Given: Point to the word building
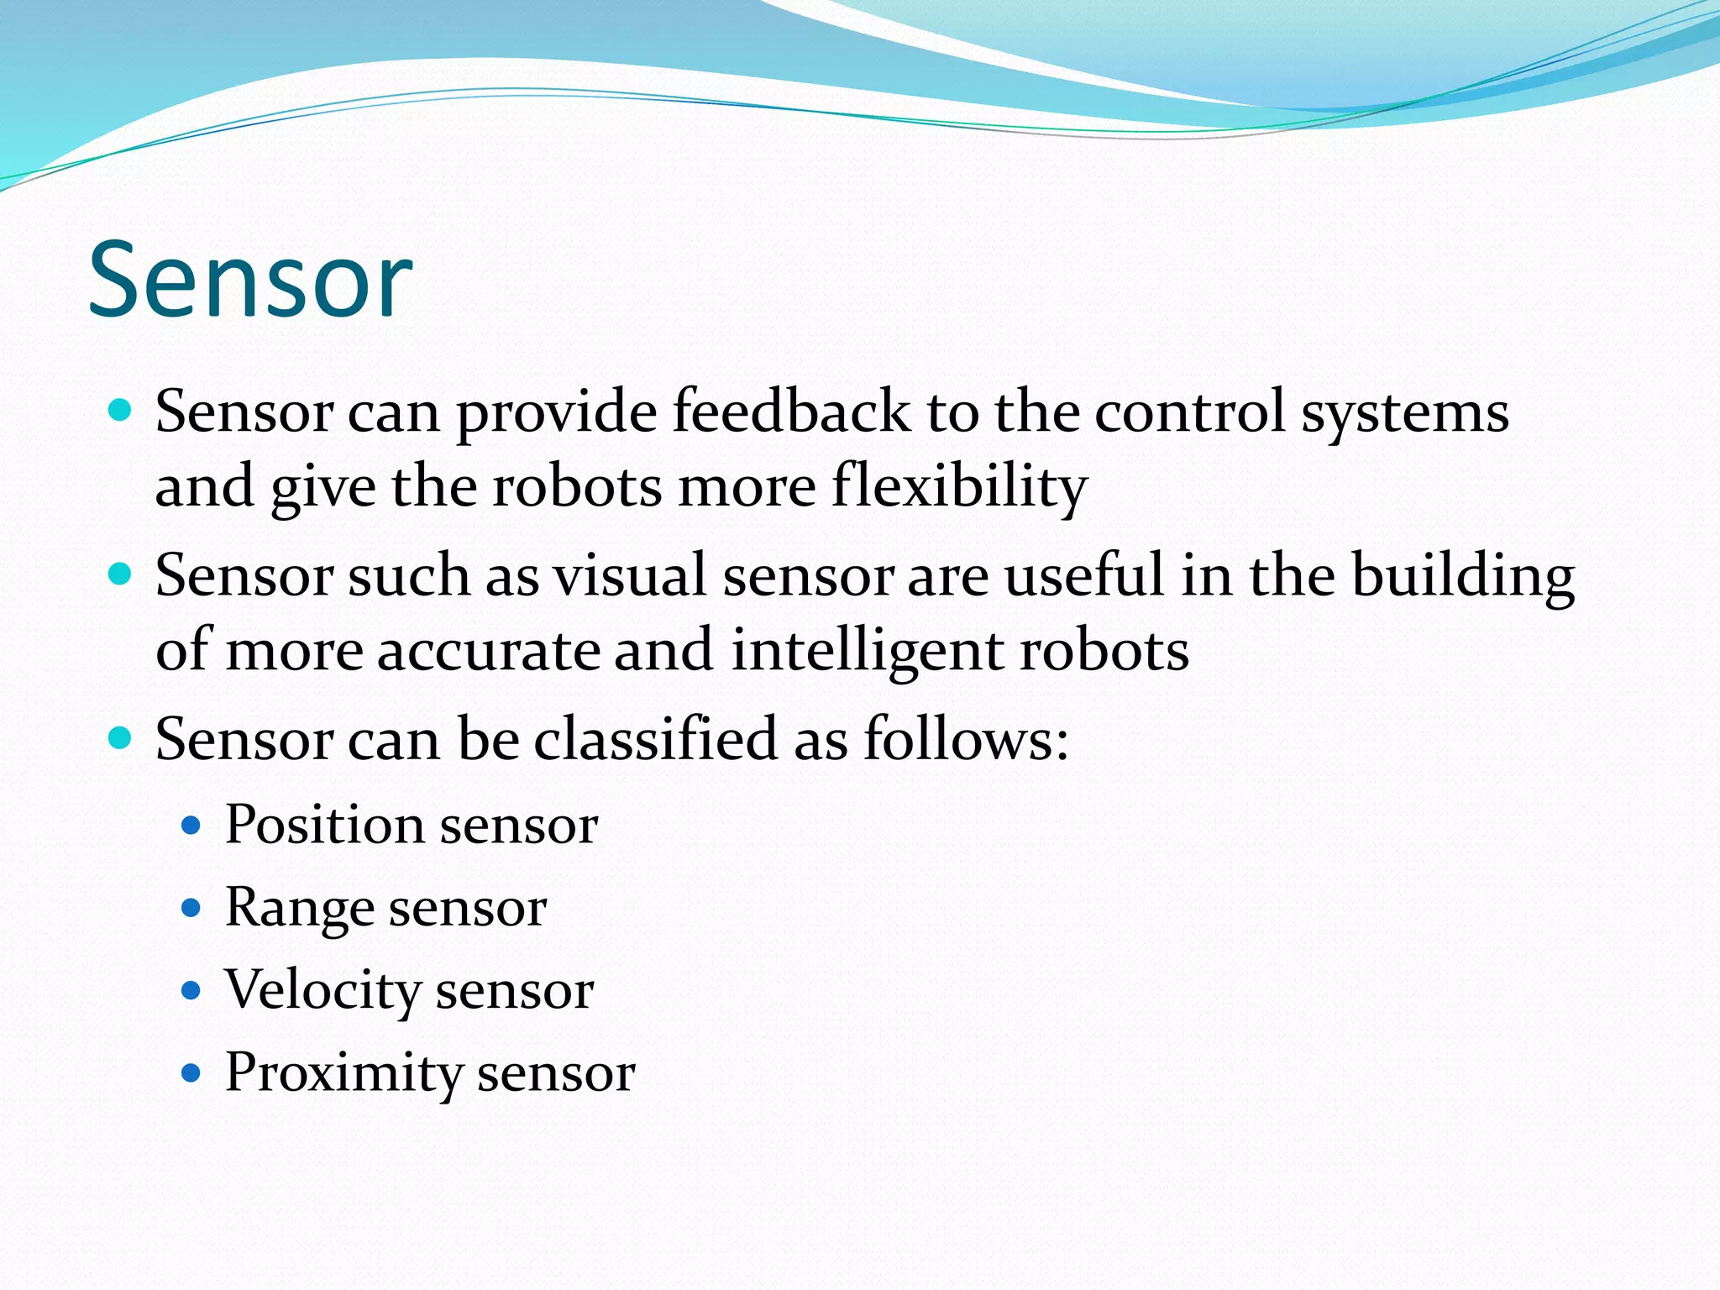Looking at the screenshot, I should [x=1462, y=576].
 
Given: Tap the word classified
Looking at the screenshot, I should [x=655, y=739].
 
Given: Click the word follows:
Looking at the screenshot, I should [x=966, y=739].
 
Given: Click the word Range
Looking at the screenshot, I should [x=299, y=908].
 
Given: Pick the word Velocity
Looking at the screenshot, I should [x=322, y=990].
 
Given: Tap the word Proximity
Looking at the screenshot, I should [x=343, y=1072].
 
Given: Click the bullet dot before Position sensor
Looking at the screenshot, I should [x=191, y=826].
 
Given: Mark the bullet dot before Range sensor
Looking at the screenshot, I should [x=191, y=908].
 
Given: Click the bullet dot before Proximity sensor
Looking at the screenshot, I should [x=191, y=1073].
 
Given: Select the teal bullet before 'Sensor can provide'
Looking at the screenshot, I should [x=121, y=411].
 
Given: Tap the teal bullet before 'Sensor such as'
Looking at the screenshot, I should [x=121, y=575].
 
